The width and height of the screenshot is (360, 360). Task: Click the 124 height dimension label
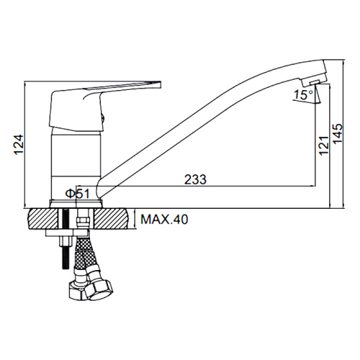click(x=19, y=145)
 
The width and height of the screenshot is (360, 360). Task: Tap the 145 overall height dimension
click(x=338, y=134)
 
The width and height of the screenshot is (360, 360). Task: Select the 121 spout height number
click(x=324, y=145)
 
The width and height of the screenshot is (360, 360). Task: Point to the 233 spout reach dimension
click(x=195, y=179)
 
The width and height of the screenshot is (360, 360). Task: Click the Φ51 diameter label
click(x=77, y=194)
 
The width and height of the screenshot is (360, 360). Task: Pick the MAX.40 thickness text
click(x=164, y=219)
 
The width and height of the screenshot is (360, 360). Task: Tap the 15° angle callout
click(x=304, y=95)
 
